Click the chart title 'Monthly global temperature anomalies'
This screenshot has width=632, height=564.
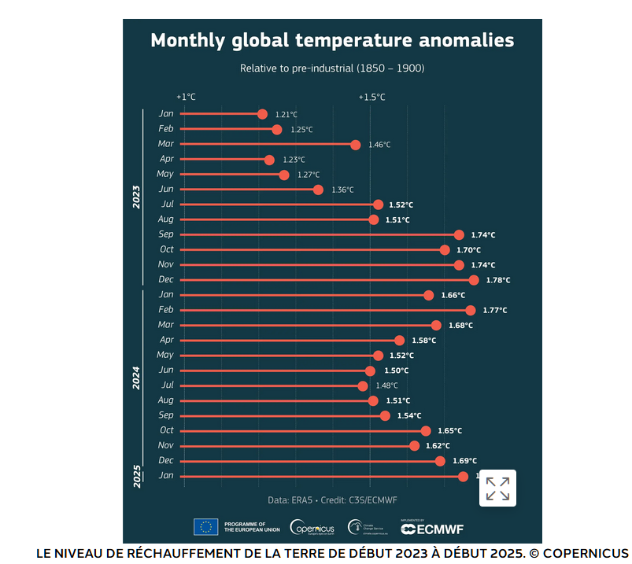[x=332, y=41]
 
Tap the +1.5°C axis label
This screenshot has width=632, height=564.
[x=371, y=97]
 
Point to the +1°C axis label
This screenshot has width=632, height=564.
[x=186, y=97]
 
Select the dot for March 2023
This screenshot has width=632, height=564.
[x=356, y=145]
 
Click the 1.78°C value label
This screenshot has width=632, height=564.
[x=497, y=280]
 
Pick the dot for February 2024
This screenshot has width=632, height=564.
[x=470, y=310]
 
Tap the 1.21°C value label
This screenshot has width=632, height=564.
[x=286, y=115]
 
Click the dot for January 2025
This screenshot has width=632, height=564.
[x=463, y=476]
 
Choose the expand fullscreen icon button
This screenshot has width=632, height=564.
[x=497, y=488]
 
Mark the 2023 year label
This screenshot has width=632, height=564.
[x=136, y=197]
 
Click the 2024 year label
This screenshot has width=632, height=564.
[x=136, y=378]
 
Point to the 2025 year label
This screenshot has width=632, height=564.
[x=136, y=476]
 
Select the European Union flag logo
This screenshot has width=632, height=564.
[x=206, y=527]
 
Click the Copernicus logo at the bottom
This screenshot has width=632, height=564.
[x=312, y=528]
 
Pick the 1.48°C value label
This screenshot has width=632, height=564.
[x=386, y=385]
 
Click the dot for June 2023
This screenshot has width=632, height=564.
[x=318, y=190]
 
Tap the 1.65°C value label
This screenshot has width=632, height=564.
[x=449, y=431]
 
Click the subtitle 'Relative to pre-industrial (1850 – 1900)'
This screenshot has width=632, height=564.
[x=332, y=68]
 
